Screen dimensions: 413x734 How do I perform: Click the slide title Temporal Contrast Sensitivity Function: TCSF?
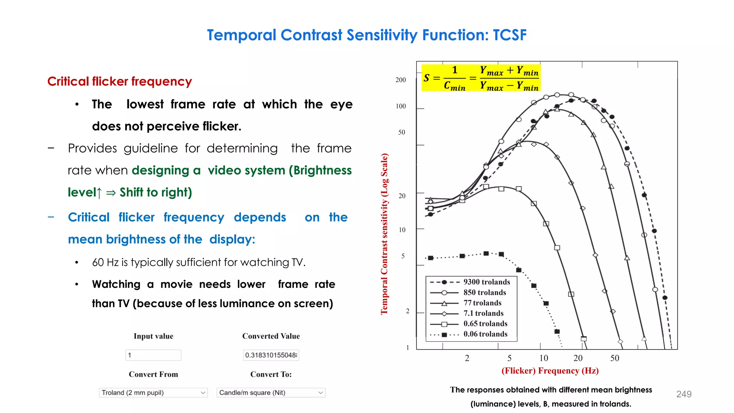point(367,35)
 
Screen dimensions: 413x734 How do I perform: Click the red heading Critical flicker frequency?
point(119,81)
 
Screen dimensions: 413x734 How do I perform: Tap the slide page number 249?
point(683,394)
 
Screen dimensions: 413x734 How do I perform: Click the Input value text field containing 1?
point(153,355)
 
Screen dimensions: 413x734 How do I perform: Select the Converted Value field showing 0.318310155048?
point(271,355)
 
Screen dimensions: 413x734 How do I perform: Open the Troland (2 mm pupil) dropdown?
point(153,393)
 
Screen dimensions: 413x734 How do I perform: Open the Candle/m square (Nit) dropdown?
point(271,393)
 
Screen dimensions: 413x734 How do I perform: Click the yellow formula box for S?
point(481,78)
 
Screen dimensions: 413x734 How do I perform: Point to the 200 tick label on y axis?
point(400,80)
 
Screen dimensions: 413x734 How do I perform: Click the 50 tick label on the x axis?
point(615,358)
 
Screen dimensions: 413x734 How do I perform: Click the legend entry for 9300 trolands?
point(486,282)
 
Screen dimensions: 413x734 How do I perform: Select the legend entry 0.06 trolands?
point(485,334)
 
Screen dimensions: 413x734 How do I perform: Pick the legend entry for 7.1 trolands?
point(483,313)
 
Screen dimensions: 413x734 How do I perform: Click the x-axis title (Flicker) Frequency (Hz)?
point(550,371)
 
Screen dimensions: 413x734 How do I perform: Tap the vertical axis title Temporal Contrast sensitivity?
point(384,234)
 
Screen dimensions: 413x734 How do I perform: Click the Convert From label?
point(153,374)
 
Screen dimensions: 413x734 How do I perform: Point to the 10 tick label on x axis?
point(544,358)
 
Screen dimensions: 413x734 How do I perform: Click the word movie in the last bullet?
point(177,284)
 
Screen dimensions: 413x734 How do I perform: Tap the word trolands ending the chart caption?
point(615,404)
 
